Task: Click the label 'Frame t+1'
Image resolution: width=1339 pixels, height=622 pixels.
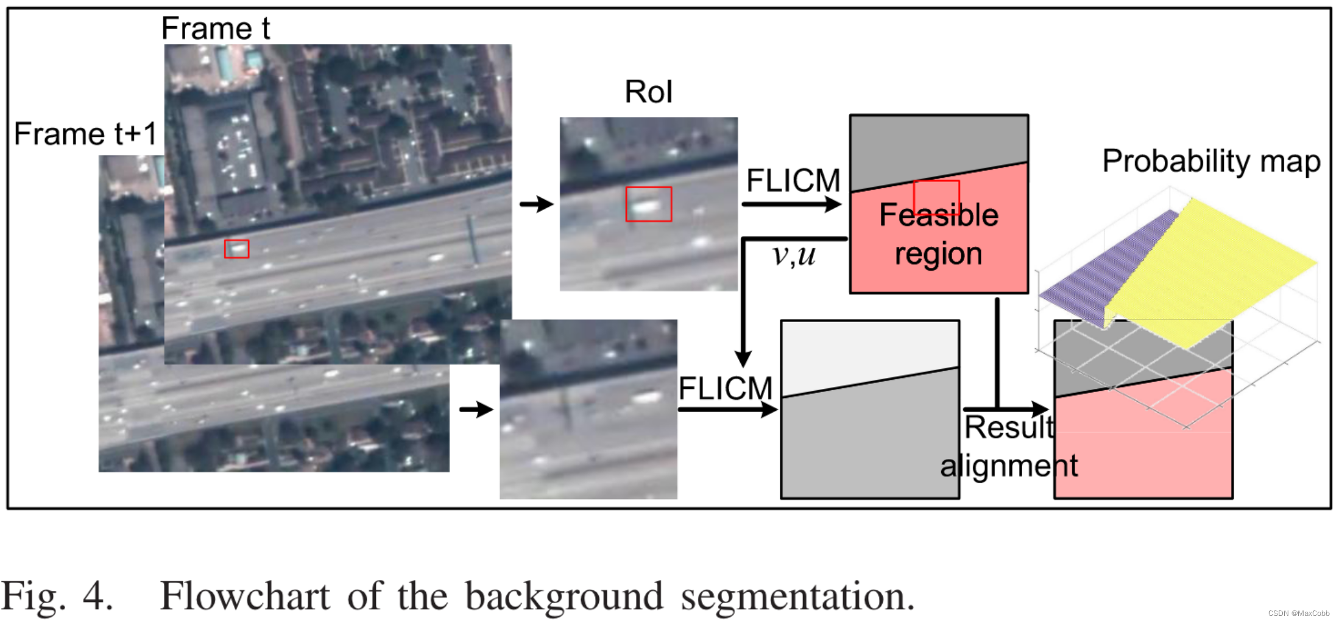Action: [x=85, y=134]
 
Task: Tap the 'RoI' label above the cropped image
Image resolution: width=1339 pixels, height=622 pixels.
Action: [x=648, y=93]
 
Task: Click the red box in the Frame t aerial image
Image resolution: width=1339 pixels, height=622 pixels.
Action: [x=236, y=249]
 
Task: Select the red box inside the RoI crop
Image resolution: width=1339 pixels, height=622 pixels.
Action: [x=649, y=204]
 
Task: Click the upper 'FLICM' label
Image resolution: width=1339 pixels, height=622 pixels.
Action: [x=793, y=181]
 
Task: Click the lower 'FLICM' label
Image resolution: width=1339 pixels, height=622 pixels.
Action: [x=725, y=388]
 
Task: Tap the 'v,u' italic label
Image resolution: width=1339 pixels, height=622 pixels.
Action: [x=793, y=256]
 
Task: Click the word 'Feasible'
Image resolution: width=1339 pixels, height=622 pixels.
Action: [x=939, y=215]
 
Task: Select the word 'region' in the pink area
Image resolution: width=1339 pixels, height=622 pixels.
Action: [x=938, y=254]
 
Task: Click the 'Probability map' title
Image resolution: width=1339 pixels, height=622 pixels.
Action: [x=1211, y=162]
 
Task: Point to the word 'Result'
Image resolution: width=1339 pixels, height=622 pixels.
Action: [x=1009, y=427]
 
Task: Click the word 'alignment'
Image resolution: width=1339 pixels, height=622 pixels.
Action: [x=1009, y=466]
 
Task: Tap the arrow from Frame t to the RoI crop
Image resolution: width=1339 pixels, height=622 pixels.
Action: [x=536, y=204]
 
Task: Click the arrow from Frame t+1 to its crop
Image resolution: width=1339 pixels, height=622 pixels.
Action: [x=476, y=409]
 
